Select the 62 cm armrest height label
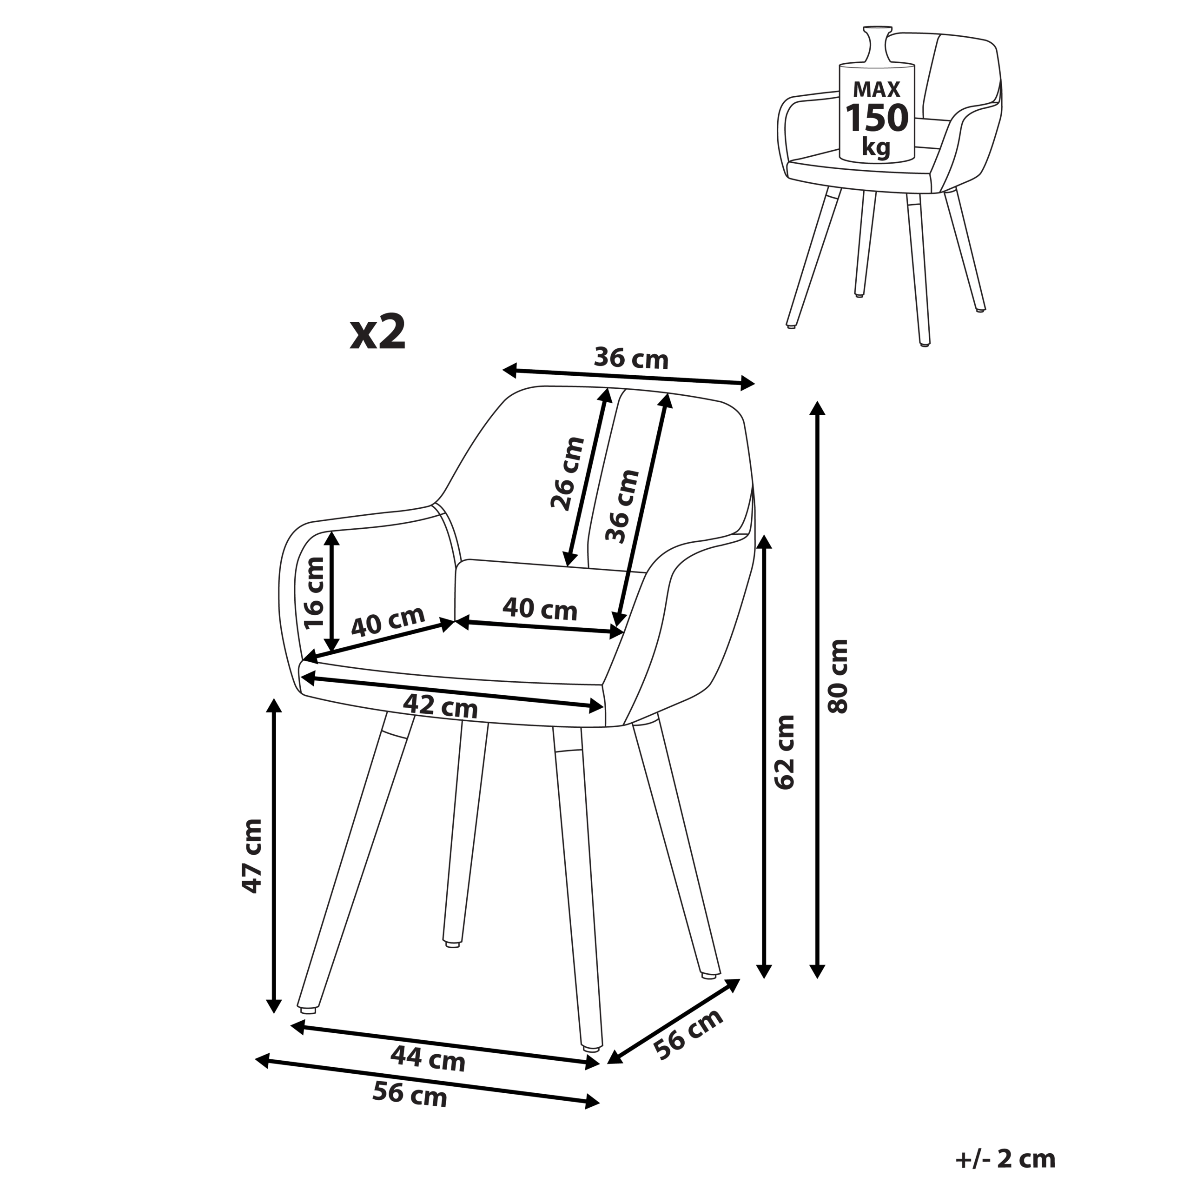[785, 752]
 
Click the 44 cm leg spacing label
[428, 1059]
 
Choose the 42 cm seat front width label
[440, 706]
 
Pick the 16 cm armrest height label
[314, 592]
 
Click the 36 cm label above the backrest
[631, 359]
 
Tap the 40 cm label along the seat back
[540, 610]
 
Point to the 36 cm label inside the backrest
[623, 506]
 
